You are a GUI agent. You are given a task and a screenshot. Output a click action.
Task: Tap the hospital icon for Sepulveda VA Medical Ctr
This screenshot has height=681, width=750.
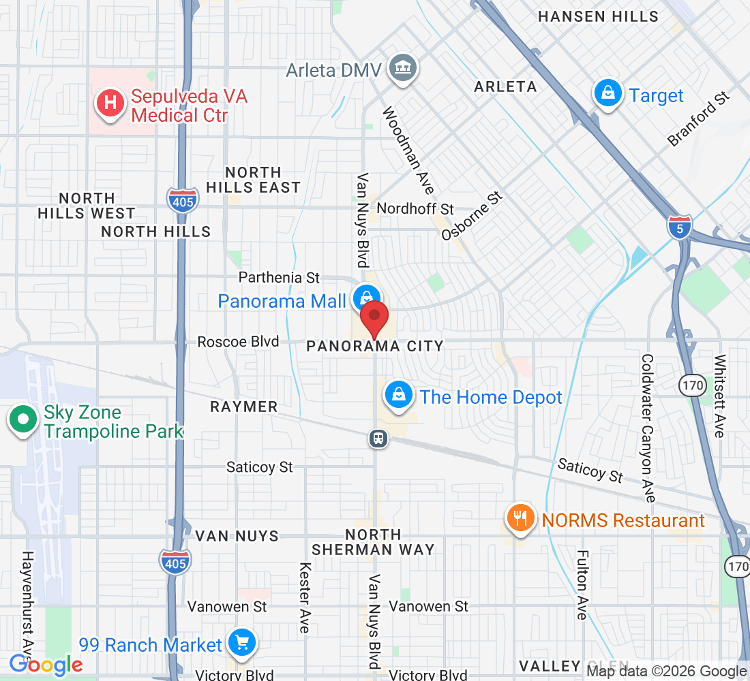click(110, 104)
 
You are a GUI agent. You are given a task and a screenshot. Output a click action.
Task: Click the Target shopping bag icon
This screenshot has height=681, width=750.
click(606, 93)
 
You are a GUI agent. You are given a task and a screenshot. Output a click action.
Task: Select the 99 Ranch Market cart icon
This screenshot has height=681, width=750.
click(241, 642)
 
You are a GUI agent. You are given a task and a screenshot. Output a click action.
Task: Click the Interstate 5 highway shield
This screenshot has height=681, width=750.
click(679, 227)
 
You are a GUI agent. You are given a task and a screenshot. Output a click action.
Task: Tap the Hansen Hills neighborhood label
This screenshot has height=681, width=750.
click(598, 16)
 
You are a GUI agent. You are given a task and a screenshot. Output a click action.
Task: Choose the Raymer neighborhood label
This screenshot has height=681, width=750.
click(243, 407)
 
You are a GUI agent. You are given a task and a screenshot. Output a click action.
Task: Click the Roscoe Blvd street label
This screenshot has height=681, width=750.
click(238, 341)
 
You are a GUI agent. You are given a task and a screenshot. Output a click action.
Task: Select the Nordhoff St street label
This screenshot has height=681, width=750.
click(415, 208)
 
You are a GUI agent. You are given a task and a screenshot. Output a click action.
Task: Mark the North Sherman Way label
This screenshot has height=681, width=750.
click(373, 542)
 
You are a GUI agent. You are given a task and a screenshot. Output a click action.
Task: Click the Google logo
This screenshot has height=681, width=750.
click(46, 664)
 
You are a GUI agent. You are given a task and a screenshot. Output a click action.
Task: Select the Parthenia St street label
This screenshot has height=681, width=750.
click(279, 277)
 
